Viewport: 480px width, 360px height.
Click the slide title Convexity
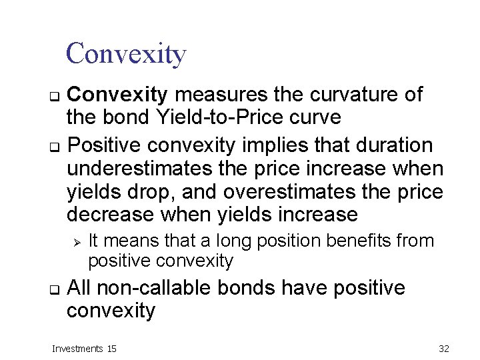click(126, 53)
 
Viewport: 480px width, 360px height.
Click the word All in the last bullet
click(79, 288)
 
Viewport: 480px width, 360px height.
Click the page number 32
click(444, 348)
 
